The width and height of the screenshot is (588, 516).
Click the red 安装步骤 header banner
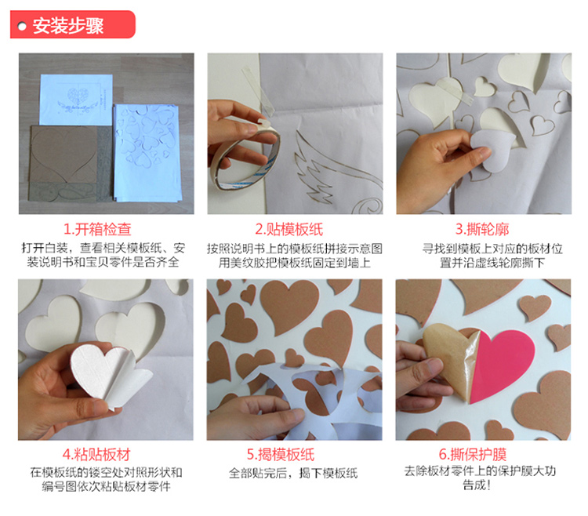[72, 24]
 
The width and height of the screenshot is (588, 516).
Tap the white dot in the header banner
[22, 26]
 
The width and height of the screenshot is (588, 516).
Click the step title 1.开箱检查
[97, 229]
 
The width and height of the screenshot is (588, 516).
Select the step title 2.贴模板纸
[289, 229]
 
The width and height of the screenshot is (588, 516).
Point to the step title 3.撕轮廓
[482, 229]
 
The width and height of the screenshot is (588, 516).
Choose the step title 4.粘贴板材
[96, 454]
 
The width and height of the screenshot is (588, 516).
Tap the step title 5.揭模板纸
[281, 454]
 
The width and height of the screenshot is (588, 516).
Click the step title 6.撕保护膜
[473, 454]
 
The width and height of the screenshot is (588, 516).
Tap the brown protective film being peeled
[450, 356]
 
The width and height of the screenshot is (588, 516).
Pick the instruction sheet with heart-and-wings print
[76, 100]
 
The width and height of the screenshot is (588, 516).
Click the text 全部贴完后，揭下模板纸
[293, 473]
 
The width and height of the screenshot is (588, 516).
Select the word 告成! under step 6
[477, 485]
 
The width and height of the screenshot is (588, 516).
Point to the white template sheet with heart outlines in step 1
[147, 152]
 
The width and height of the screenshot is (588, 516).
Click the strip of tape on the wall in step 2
[258, 90]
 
